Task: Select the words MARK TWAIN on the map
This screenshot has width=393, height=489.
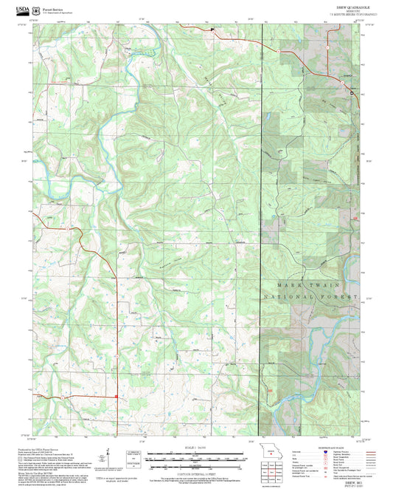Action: [x=309, y=283]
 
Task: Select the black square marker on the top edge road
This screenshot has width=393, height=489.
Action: [x=212, y=30]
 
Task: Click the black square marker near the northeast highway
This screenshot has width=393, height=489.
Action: [x=352, y=93]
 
